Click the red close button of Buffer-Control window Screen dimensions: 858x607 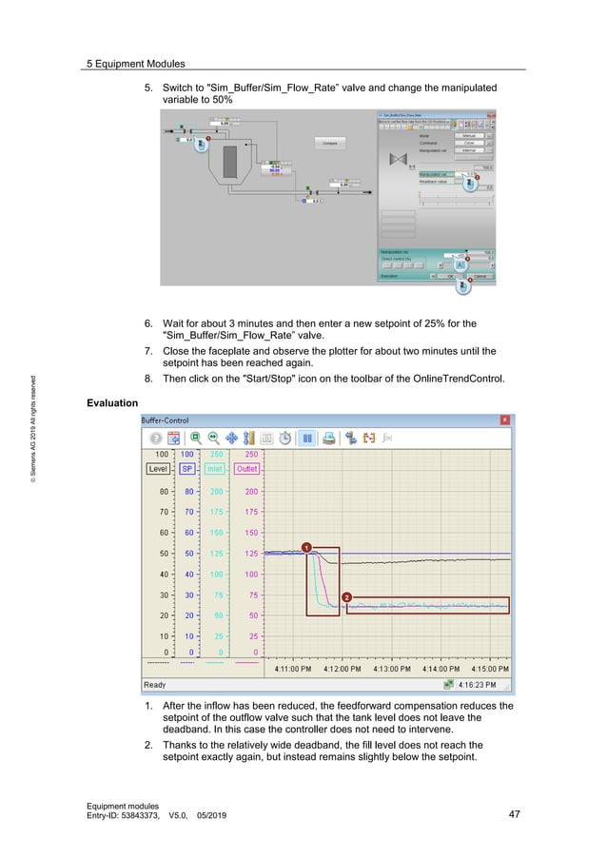click(504, 419)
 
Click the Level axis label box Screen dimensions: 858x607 click(158, 469)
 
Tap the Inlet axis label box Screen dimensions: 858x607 click(216, 469)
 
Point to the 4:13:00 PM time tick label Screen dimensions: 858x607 click(391, 668)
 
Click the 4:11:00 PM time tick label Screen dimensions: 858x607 click(293, 668)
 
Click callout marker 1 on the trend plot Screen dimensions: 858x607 click(305, 547)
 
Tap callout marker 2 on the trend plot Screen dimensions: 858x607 click(346, 596)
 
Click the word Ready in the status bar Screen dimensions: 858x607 click(154, 684)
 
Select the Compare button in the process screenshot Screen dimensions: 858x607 click(329, 143)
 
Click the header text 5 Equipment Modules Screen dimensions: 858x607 click(135, 64)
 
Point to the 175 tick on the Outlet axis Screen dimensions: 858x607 click(250, 512)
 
